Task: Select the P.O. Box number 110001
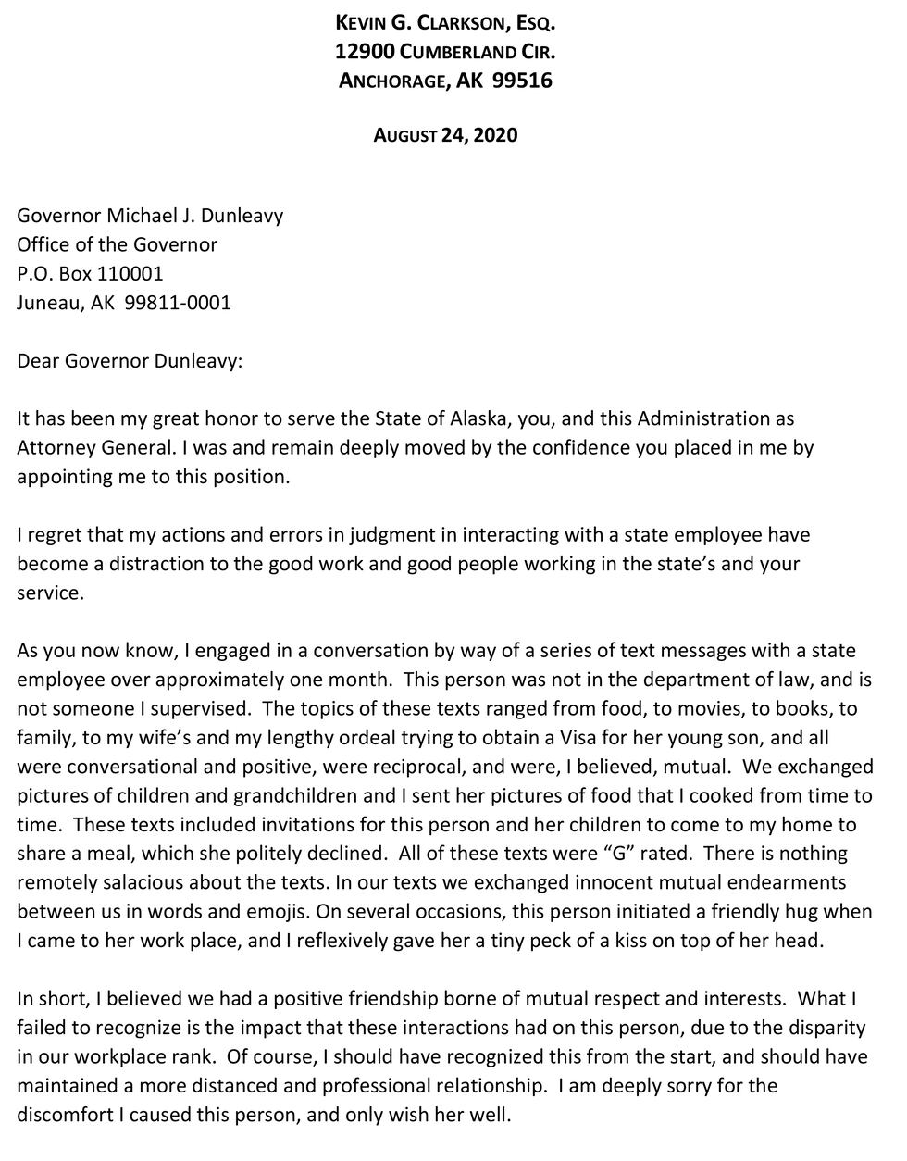click(130, 273)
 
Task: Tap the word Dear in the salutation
click(38, 360)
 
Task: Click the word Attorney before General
click(55, 447)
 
